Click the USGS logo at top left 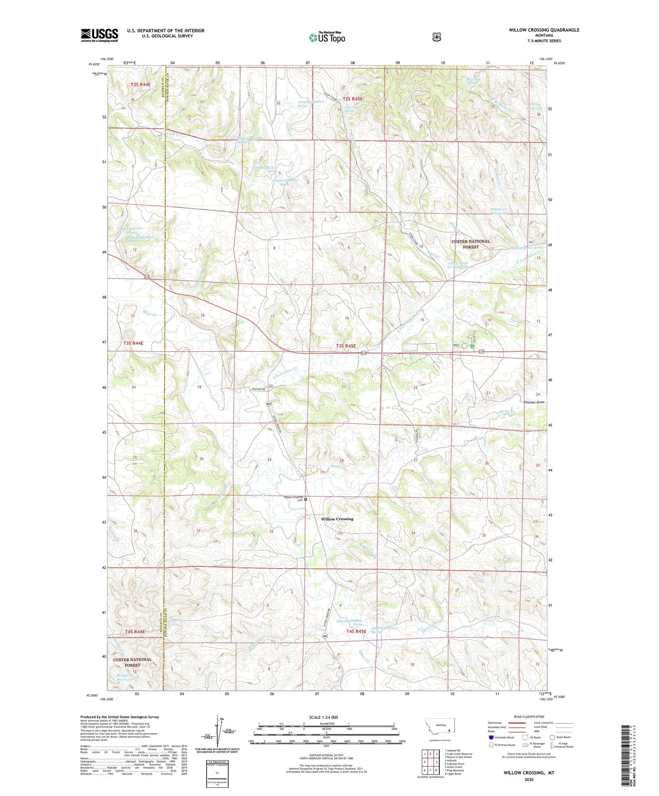pos(99,35)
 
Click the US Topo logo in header pos(327,37)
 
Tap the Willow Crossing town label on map pos(337,519)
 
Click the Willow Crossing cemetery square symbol pos(306,499)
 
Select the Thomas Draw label pos(534,402)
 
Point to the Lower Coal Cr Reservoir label pos(458,265)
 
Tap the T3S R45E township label pos(346,346)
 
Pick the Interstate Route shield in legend pos(491,737)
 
